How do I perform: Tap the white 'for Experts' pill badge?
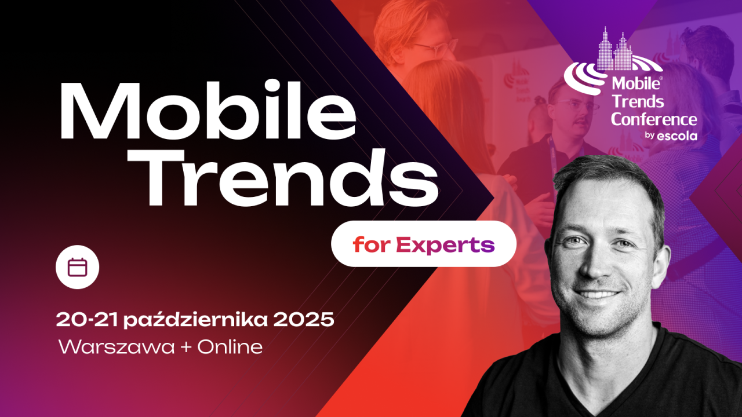click(x=423, y=244)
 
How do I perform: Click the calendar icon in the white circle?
click(x=77, y=267)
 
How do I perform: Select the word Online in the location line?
click(x=230, y=347)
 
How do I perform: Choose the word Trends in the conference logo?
click(x=638, y=102)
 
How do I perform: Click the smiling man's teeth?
click(x=597, y=294)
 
